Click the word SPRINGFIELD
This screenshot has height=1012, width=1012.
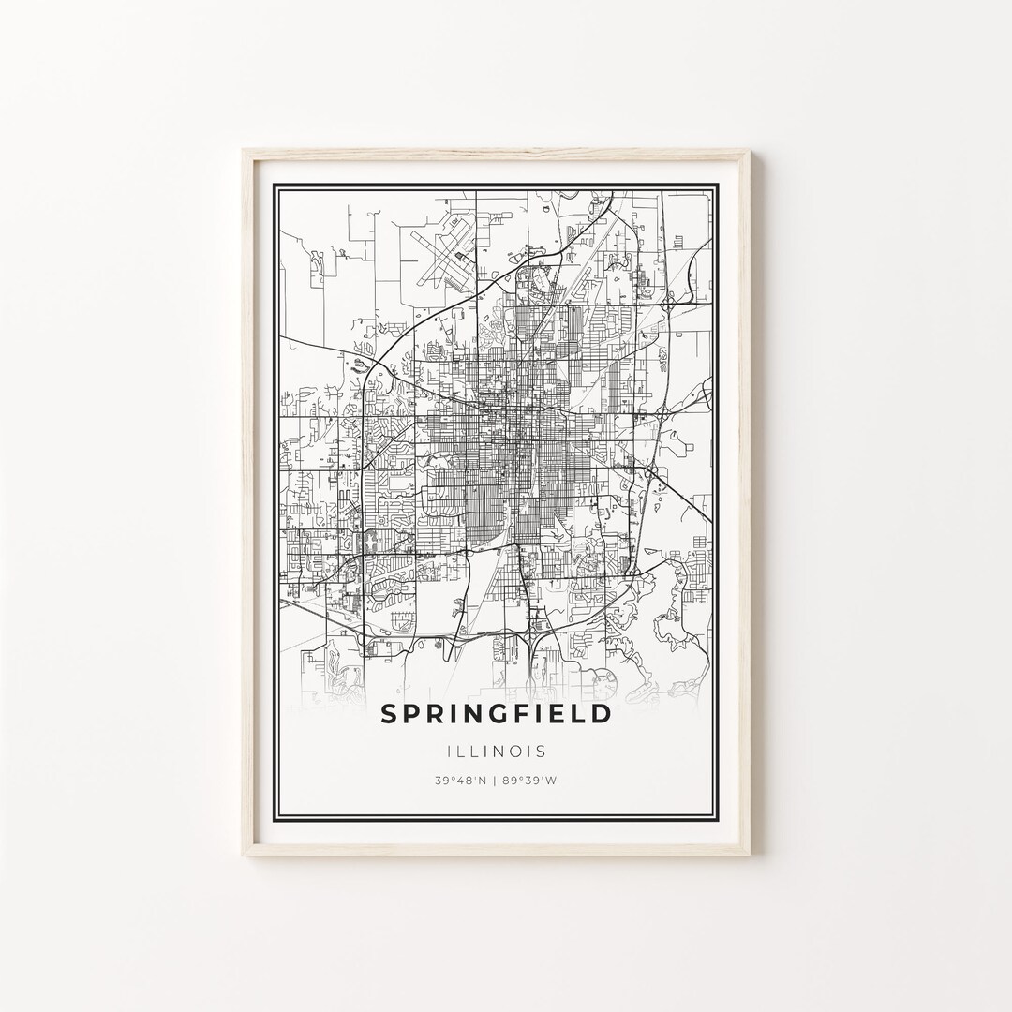pyautogui.click(x=496, y=714)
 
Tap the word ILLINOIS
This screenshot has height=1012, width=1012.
pyautogui.click(x=497, y=751)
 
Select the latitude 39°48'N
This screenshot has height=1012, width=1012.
pyautogui.click(x=459, y=781)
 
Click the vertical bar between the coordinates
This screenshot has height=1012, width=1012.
pyautogui.click(x=497, y=781)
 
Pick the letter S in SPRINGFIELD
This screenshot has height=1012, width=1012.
pyautogui.click(x=389, y=714)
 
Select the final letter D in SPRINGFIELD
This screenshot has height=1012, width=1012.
pyautogui.click(x=602, y=714)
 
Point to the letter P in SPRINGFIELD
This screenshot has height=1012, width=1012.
pyautogui.click(x=413, y=714)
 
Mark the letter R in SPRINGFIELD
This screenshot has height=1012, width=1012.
pyautogui.click(x=439, y=714)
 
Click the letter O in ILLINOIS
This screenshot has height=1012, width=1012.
pyautogui.click(x=521, y=751)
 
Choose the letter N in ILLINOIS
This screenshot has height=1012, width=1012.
pyautogui.click(x=504, y=751)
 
